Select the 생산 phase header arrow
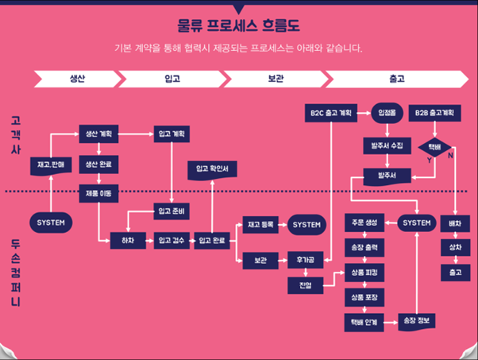(78, 79)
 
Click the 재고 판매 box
(50, 164)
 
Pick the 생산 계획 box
(98, 134)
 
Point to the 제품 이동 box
(98, 191)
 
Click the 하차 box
(127, 238)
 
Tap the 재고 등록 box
(260, 225)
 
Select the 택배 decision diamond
(434, 146)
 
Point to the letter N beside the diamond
(451, 156)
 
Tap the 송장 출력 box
(364, 247)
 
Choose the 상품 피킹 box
(364, 272)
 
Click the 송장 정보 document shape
(415, 319)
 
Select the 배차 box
(456, 223)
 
